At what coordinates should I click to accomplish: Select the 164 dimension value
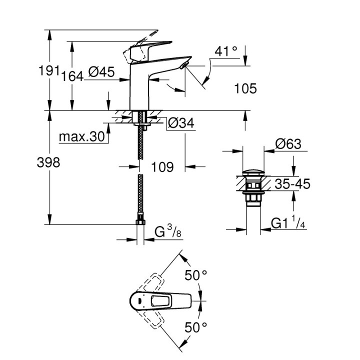(72, 76)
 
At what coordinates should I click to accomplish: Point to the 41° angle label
(226, 51)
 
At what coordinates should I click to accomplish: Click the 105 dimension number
(245, 88)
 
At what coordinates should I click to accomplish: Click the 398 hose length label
(49, 162)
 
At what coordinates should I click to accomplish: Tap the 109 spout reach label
(161, 167)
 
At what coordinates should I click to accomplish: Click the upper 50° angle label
(196, 275)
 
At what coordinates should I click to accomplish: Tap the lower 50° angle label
(196, 327)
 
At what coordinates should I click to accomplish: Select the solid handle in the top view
(160, 301)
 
